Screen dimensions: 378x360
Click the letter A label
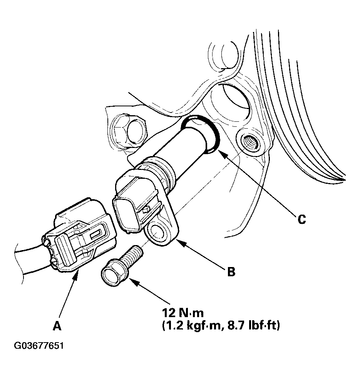point(57,326)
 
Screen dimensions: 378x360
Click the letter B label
point(231,272)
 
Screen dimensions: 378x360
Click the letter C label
point(302,219)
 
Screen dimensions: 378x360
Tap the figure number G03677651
point(39,345)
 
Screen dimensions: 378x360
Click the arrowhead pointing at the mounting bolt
point(132,281)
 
